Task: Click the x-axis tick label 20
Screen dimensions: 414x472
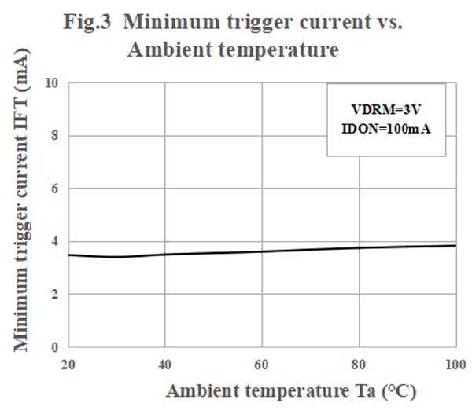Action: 68,364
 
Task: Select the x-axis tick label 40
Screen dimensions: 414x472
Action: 164,364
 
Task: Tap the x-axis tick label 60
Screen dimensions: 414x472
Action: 262,364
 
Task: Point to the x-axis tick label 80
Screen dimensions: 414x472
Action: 360,364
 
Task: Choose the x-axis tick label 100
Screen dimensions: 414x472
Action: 455,364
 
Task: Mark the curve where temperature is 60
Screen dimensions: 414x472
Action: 262,251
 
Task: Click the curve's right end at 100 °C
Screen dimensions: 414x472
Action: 455,245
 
